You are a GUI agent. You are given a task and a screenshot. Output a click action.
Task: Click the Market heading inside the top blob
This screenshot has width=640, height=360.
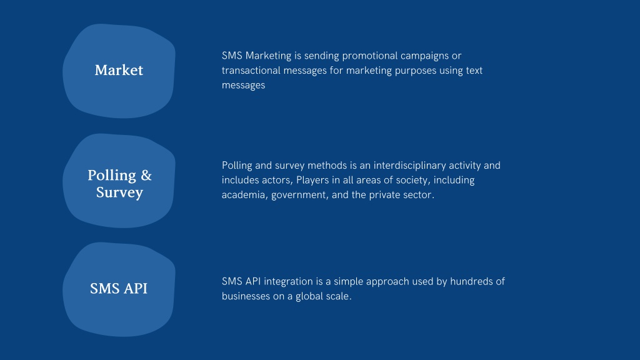click(x=119, y=70)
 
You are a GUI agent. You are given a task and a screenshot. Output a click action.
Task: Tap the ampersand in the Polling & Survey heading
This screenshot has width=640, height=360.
click(x=146, y=176)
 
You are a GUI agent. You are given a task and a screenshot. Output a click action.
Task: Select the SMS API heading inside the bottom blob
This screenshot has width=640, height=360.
click(x=119, y=288)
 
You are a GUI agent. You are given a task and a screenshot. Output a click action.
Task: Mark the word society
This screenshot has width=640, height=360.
click(x=412, y=181)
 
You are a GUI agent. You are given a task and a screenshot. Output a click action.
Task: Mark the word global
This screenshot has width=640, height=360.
click(x=307, y=296)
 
